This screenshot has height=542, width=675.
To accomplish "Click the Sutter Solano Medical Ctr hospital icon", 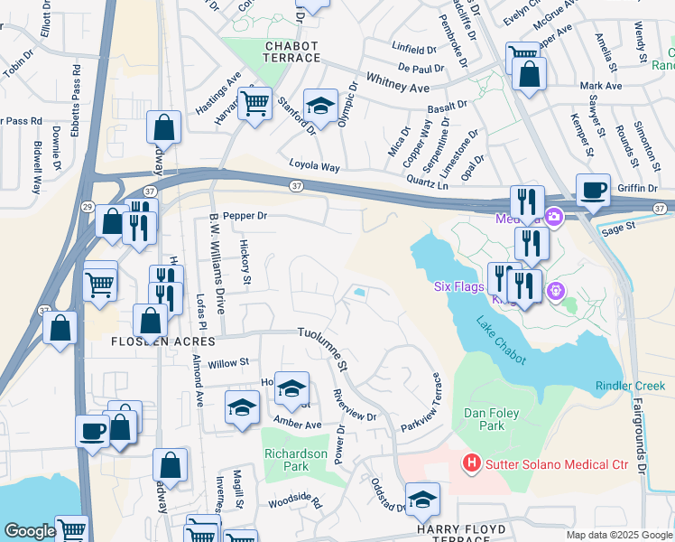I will coord(471,464).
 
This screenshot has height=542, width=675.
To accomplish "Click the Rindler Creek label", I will coord(630,386).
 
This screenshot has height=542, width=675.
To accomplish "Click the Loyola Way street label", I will coord(314,166).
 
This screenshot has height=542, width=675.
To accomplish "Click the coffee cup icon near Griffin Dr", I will coord(593,191).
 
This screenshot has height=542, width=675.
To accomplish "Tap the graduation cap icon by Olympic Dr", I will coord(320,106).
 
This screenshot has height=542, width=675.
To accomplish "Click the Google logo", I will coord(29,531).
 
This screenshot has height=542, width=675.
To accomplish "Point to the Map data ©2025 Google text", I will coord(619,535).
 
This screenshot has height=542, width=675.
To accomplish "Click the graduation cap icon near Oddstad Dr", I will coord(421,499).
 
